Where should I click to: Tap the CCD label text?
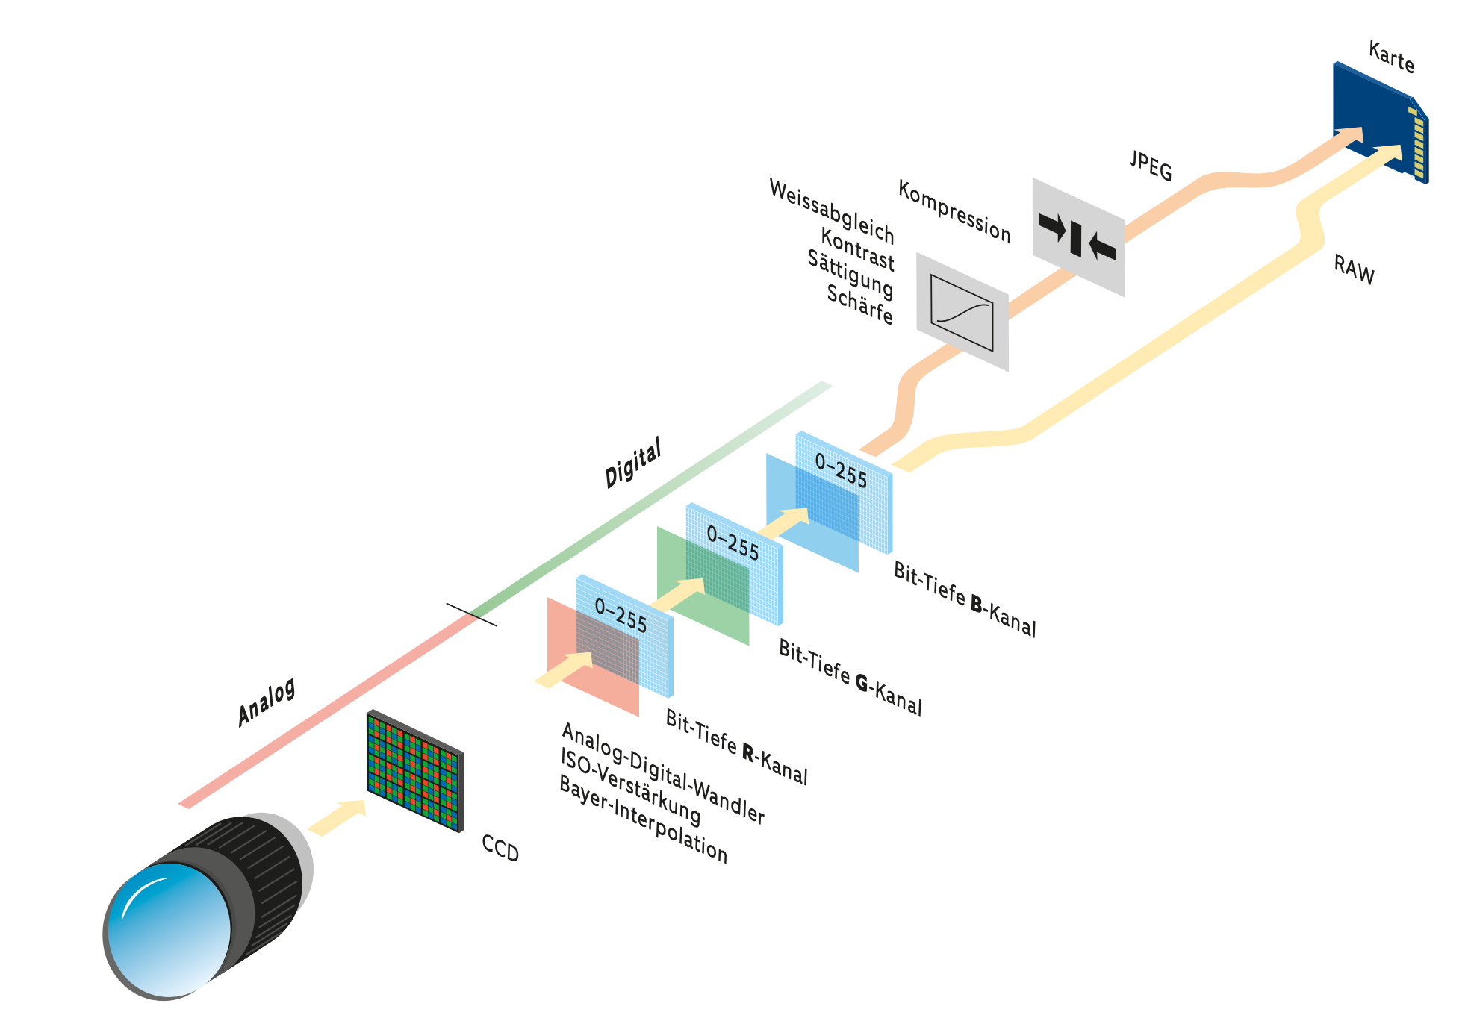[500, 849]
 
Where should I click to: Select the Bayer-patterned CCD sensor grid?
[415, 771]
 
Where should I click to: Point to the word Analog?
[267, 702]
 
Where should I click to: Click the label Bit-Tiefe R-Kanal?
[736, 747]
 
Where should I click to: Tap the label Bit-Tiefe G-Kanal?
[850, 677]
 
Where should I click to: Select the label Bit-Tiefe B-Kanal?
[965, 599]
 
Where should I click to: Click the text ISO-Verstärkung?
[630, 787]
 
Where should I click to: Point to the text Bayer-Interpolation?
[642, 820]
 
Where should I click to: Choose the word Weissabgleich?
[831, 211]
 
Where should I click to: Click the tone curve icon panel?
[962, 312]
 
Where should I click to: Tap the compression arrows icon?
[1077, 237]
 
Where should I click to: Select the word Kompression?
[954, 211]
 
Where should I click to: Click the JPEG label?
[1150, 166]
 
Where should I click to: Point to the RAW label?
[1354, 269]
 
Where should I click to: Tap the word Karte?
[1391, 57]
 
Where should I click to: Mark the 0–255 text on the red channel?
[621, 616]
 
